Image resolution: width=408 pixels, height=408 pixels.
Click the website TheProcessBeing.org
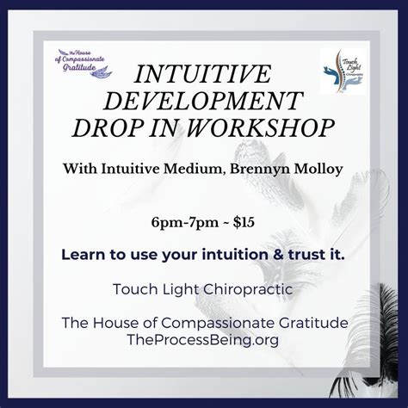[x=203, y=340]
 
